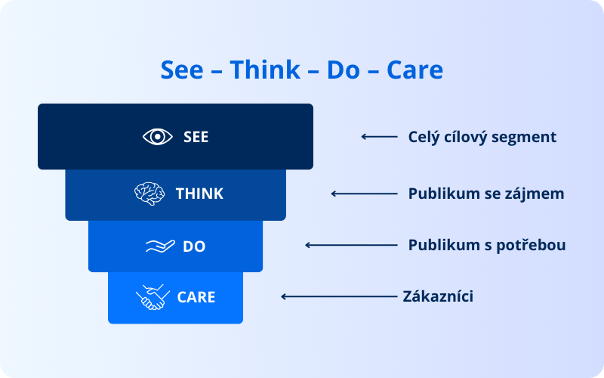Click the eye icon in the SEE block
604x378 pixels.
pos(158,137)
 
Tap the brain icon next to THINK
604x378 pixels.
pos(149,194)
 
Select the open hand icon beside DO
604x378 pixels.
pos(160,246)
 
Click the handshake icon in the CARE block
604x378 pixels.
pos(153,297)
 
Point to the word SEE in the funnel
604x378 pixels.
pos(196,137)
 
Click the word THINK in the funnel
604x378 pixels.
pos(199,194)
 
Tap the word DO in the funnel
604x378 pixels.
pos(194,246)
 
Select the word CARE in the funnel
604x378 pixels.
pos(196,297)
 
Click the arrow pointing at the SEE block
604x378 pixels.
pos(379,137)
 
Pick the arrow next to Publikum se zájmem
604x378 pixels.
pos(364,194)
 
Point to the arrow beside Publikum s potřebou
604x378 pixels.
pos(351,245)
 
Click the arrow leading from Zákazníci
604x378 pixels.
pos(339,296)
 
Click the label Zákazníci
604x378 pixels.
pos(438,296)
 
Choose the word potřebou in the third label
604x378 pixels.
pos(532,245)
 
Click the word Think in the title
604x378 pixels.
pos(265,70)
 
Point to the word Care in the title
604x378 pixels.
pos(414,70)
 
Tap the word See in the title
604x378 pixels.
pos(182,70)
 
